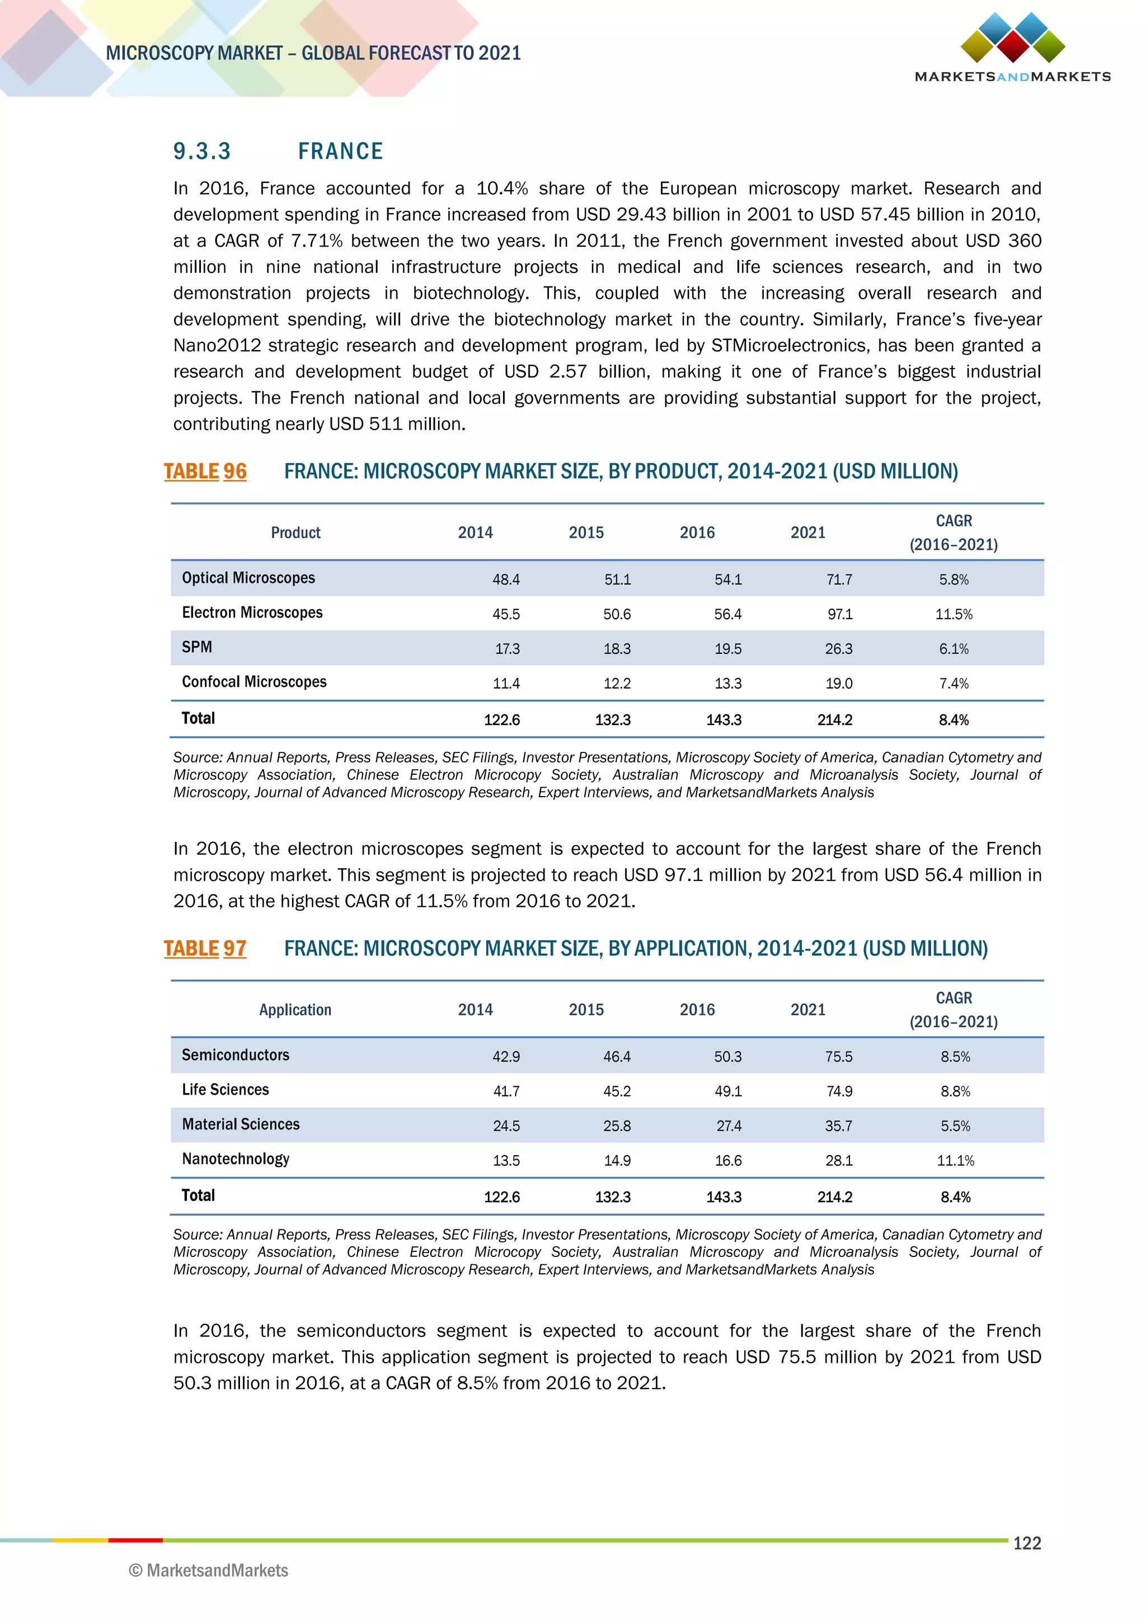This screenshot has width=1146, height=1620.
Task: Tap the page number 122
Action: [1027, 1543]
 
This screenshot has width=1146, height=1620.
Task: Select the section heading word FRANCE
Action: [340, 151]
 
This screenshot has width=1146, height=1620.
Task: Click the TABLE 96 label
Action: [205, 472]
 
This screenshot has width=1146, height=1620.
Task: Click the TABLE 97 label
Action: [205, 948]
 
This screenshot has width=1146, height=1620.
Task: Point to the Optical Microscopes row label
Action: [248, 578]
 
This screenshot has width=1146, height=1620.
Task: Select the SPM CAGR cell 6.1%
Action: [954, 649]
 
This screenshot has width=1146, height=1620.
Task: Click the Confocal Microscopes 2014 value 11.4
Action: [506, 684]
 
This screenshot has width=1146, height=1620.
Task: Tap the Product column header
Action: [295, 533]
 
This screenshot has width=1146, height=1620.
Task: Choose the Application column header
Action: [295, 1010]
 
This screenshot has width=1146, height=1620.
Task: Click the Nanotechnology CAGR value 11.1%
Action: [956, 1161]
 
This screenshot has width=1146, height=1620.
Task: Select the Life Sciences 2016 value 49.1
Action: [727, 1091]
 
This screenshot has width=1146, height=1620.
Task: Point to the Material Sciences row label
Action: [241, 1124]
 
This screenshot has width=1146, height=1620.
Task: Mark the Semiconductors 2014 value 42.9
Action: [506, 1057]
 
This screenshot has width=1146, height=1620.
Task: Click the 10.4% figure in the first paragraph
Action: [502, 189]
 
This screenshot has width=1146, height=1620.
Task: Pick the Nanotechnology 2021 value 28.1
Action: [839, 1161]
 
